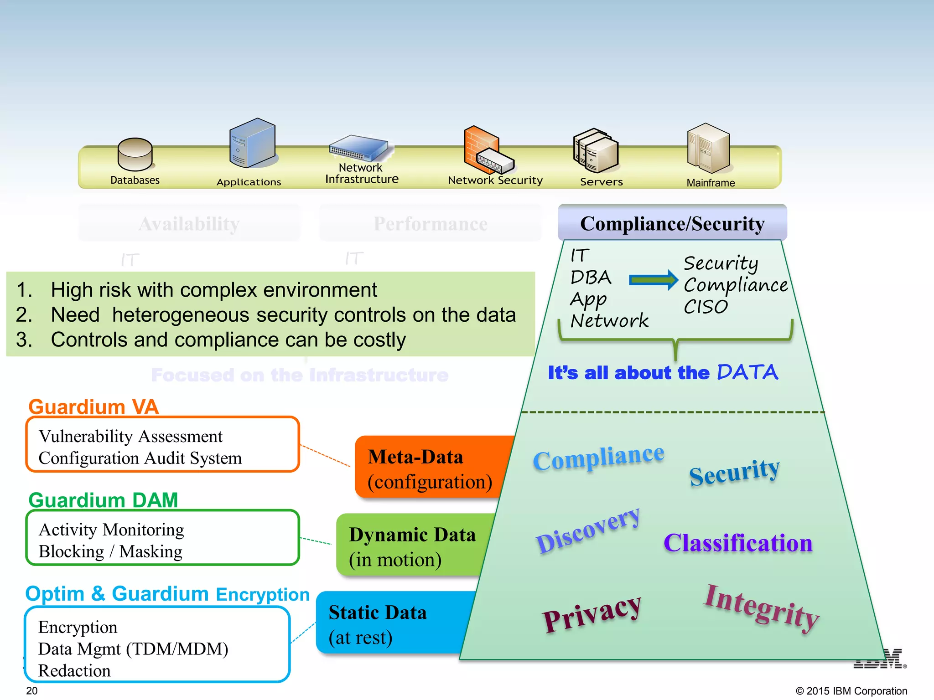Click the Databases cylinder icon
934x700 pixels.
tap(135, 154)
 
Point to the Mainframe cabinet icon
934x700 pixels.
tap(708, 148)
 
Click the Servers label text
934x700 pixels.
tap(601, 182)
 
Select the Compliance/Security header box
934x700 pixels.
tap(672, 223)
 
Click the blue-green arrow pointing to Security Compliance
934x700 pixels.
tap(653, 280)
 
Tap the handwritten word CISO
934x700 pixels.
tap(706, 307)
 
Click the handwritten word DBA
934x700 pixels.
tap(591, 277)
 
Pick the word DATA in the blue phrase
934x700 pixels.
tap(747, 372)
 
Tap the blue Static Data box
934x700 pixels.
tap(388, 623)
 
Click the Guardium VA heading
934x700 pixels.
tap(93, 407)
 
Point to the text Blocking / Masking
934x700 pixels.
tap(110, 551)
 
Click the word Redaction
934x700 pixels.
tap(74, 671)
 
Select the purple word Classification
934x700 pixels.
tap(738, 543)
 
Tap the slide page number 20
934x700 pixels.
tap(32, 690)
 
